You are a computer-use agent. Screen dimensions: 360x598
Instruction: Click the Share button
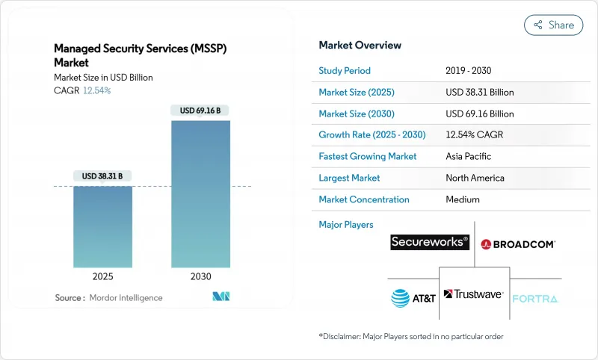point(553,25)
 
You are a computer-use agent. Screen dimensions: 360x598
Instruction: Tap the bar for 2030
point(200,194)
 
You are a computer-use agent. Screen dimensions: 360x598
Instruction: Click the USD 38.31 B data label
point(103,176)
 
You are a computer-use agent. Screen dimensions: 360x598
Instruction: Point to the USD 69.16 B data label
point(200,111)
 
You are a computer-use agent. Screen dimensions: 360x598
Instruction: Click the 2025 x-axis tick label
point(103,276)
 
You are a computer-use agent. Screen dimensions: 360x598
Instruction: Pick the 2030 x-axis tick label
point(200,276)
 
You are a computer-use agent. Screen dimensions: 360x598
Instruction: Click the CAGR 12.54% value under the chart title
point(96,90)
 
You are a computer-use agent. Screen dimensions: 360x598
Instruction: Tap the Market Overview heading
point(360,46)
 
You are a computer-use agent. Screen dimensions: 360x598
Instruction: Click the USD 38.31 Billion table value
point(479,93)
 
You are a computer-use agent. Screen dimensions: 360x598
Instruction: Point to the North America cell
point(475,179)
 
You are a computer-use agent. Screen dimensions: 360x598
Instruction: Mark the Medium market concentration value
point(463,200)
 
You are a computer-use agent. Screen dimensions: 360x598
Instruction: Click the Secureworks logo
point(430,242)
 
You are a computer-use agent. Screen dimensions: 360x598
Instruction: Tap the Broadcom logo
point(518,243)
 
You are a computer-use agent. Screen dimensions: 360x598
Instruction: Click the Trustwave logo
point(474,294)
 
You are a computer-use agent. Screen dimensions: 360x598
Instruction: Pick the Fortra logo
point(535,299)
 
